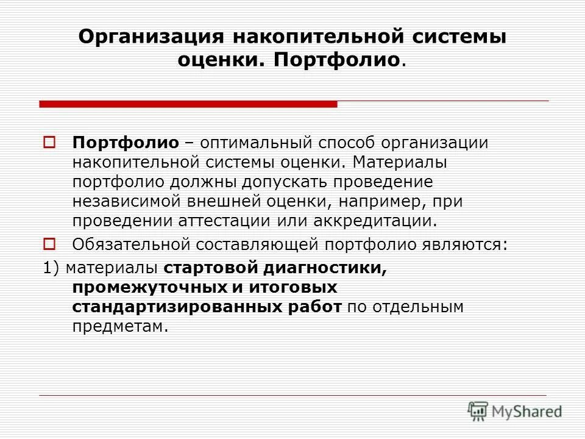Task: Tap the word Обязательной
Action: click(x=132, y=244)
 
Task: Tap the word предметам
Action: click(x=119, y=326)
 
